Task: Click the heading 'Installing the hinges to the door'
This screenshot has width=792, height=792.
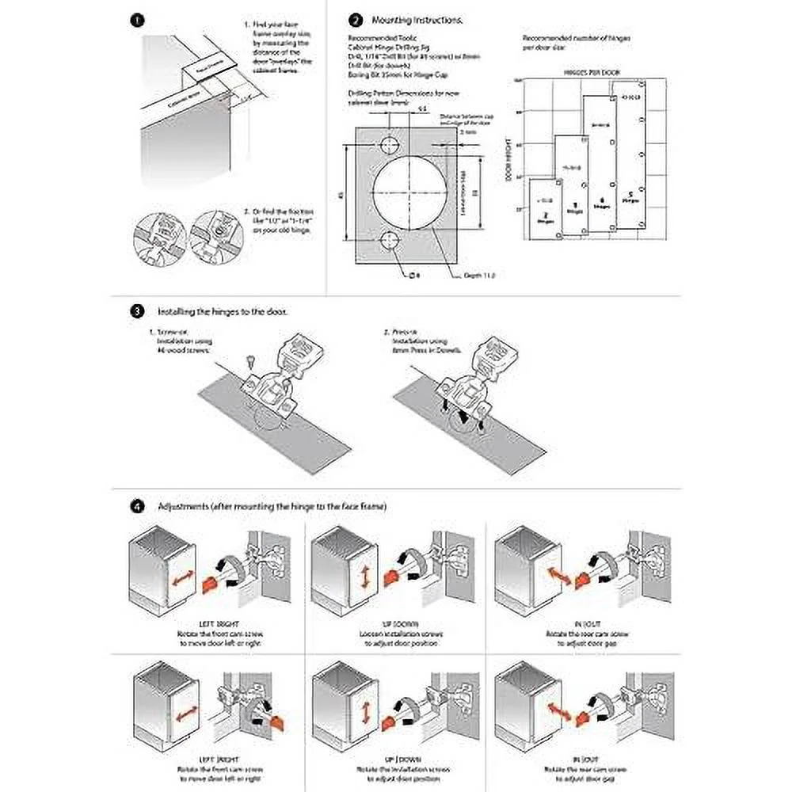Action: click(x=223, y=311)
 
